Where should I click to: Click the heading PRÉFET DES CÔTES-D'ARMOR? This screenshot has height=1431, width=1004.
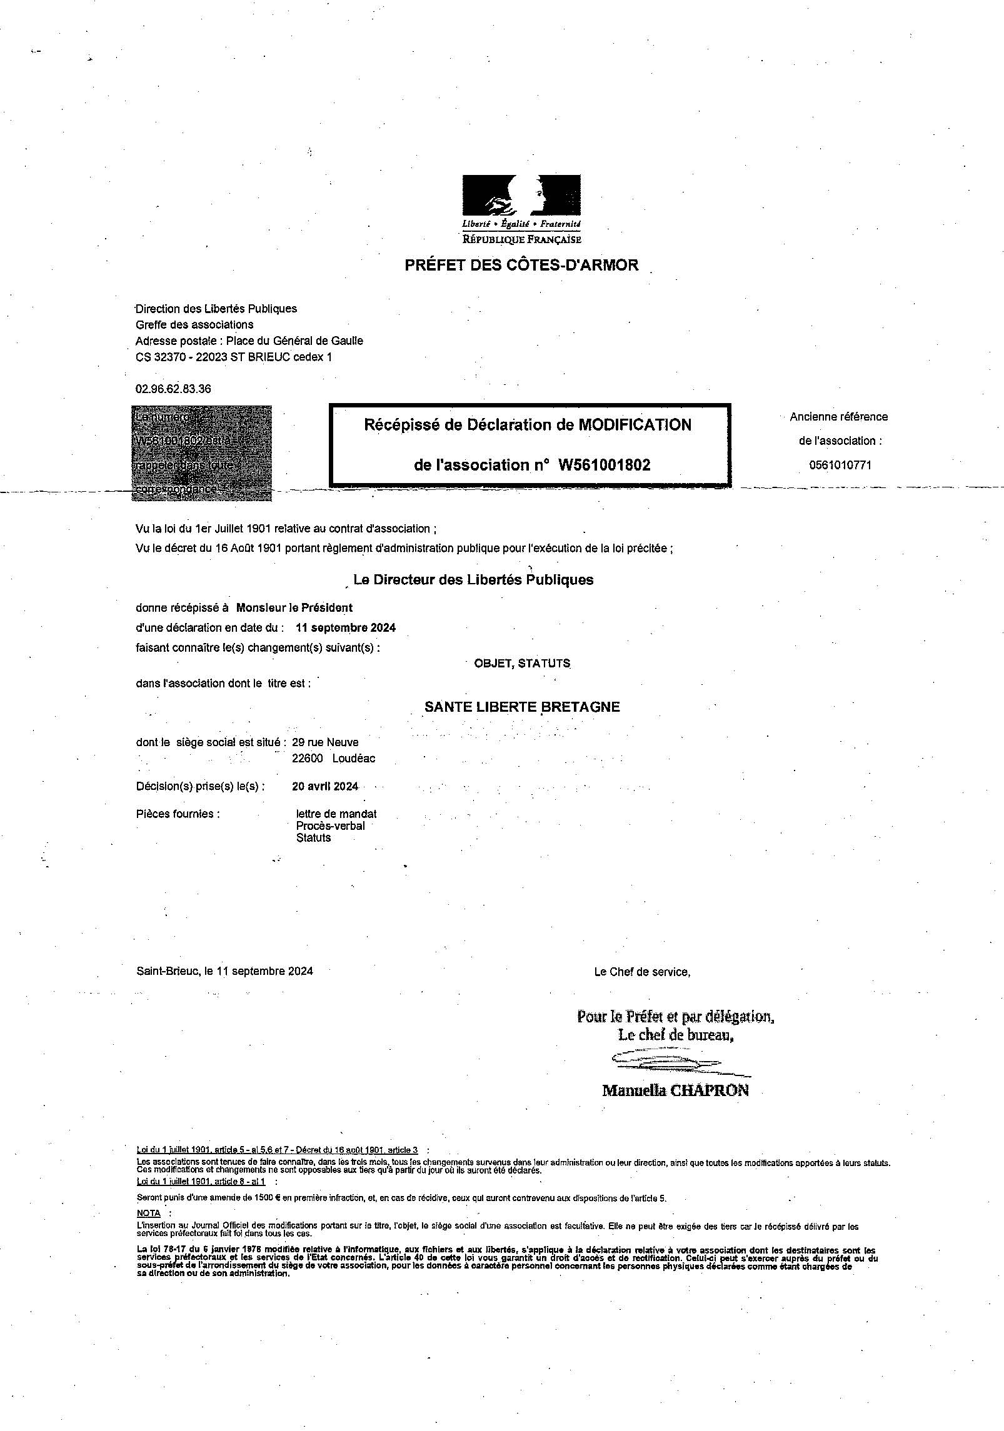point(521,265)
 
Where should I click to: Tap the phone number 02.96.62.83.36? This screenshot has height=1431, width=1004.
point(173,389)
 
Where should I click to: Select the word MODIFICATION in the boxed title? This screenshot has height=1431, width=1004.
point(635,425)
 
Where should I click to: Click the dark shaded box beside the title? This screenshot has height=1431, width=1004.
point(201,453)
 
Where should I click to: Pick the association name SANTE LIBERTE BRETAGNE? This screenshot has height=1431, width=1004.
point(522,707)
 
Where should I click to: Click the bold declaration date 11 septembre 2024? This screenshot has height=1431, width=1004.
point(346,627)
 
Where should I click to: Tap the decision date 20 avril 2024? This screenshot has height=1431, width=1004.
point(325,786)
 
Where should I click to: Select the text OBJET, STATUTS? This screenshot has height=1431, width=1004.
point(522,663)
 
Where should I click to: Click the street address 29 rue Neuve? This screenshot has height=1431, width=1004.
point(325,742)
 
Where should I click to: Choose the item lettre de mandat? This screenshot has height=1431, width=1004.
point(336,814)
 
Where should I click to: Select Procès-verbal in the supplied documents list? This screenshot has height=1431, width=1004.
point(331,825)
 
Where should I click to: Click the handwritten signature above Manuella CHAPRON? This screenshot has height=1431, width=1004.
point(666,1060)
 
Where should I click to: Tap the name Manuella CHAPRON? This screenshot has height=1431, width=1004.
point(675,1090)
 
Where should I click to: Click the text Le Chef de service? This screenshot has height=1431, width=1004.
point(642,972)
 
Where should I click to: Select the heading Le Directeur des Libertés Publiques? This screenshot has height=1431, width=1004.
point(473,580)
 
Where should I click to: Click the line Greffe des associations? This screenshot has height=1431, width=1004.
point(194,324)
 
